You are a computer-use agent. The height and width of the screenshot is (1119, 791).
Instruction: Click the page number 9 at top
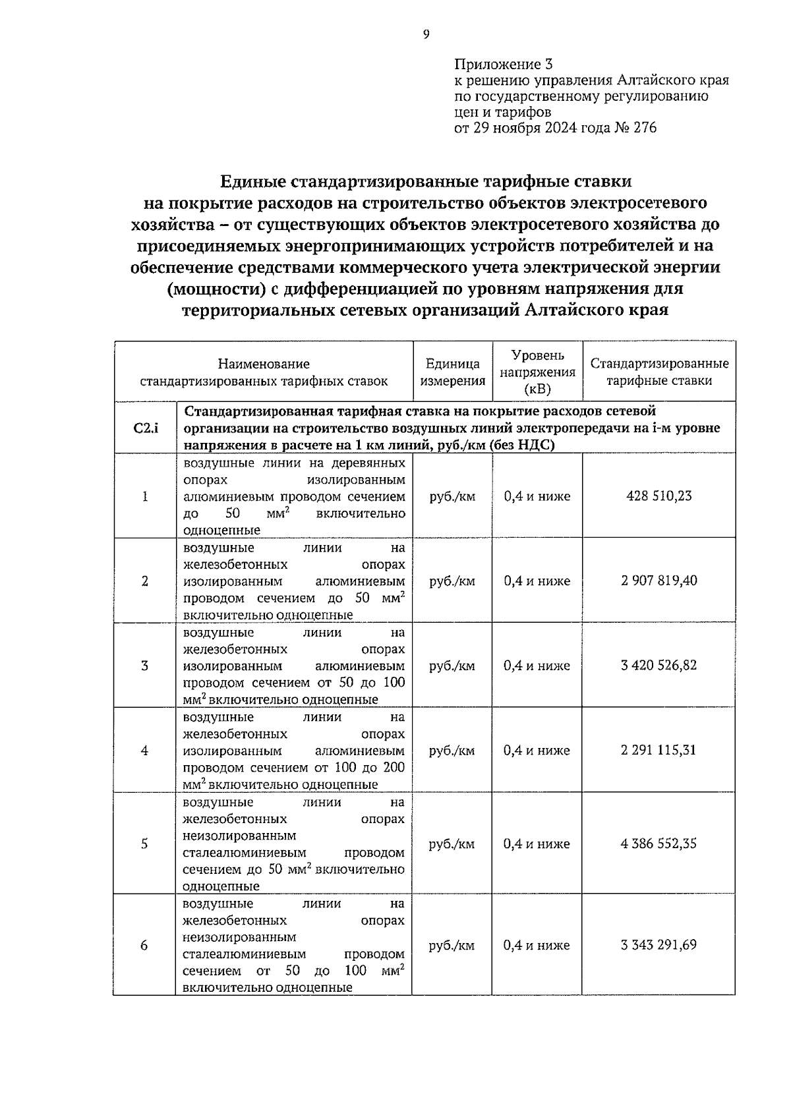(x=426, y=35)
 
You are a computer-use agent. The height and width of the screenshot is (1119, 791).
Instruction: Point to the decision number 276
(x=645, y=128)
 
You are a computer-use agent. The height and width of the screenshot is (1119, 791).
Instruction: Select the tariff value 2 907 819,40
(x=659, y=581)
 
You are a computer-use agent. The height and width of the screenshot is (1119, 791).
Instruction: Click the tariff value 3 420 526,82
(x=659, y=665)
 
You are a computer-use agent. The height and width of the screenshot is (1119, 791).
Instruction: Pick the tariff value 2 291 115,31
(x=659, y=750)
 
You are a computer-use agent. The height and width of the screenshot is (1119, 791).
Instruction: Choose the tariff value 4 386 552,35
(x=659, y=844)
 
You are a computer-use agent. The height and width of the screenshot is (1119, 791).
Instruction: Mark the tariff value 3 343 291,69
(x=659, y=945)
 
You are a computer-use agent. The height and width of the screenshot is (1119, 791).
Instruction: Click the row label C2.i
(x=145, y=428)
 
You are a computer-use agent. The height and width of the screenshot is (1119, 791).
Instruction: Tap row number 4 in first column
(x=144, y=751)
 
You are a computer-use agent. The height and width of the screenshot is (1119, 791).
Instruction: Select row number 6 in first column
(x=144, y=946)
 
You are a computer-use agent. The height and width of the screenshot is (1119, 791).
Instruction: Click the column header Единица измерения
(x=453, y=372)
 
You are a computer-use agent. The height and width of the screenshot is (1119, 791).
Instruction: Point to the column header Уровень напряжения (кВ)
(x=537, y=372)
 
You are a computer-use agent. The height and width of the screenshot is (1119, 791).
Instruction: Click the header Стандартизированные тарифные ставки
(x=659, y=372)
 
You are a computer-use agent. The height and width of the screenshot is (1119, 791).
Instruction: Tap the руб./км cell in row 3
(x=452, y=666)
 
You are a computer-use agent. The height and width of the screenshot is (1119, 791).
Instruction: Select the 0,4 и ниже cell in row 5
(x=537, y=844)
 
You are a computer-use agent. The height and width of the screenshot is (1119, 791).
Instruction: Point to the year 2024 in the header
(x=560, y=128)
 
